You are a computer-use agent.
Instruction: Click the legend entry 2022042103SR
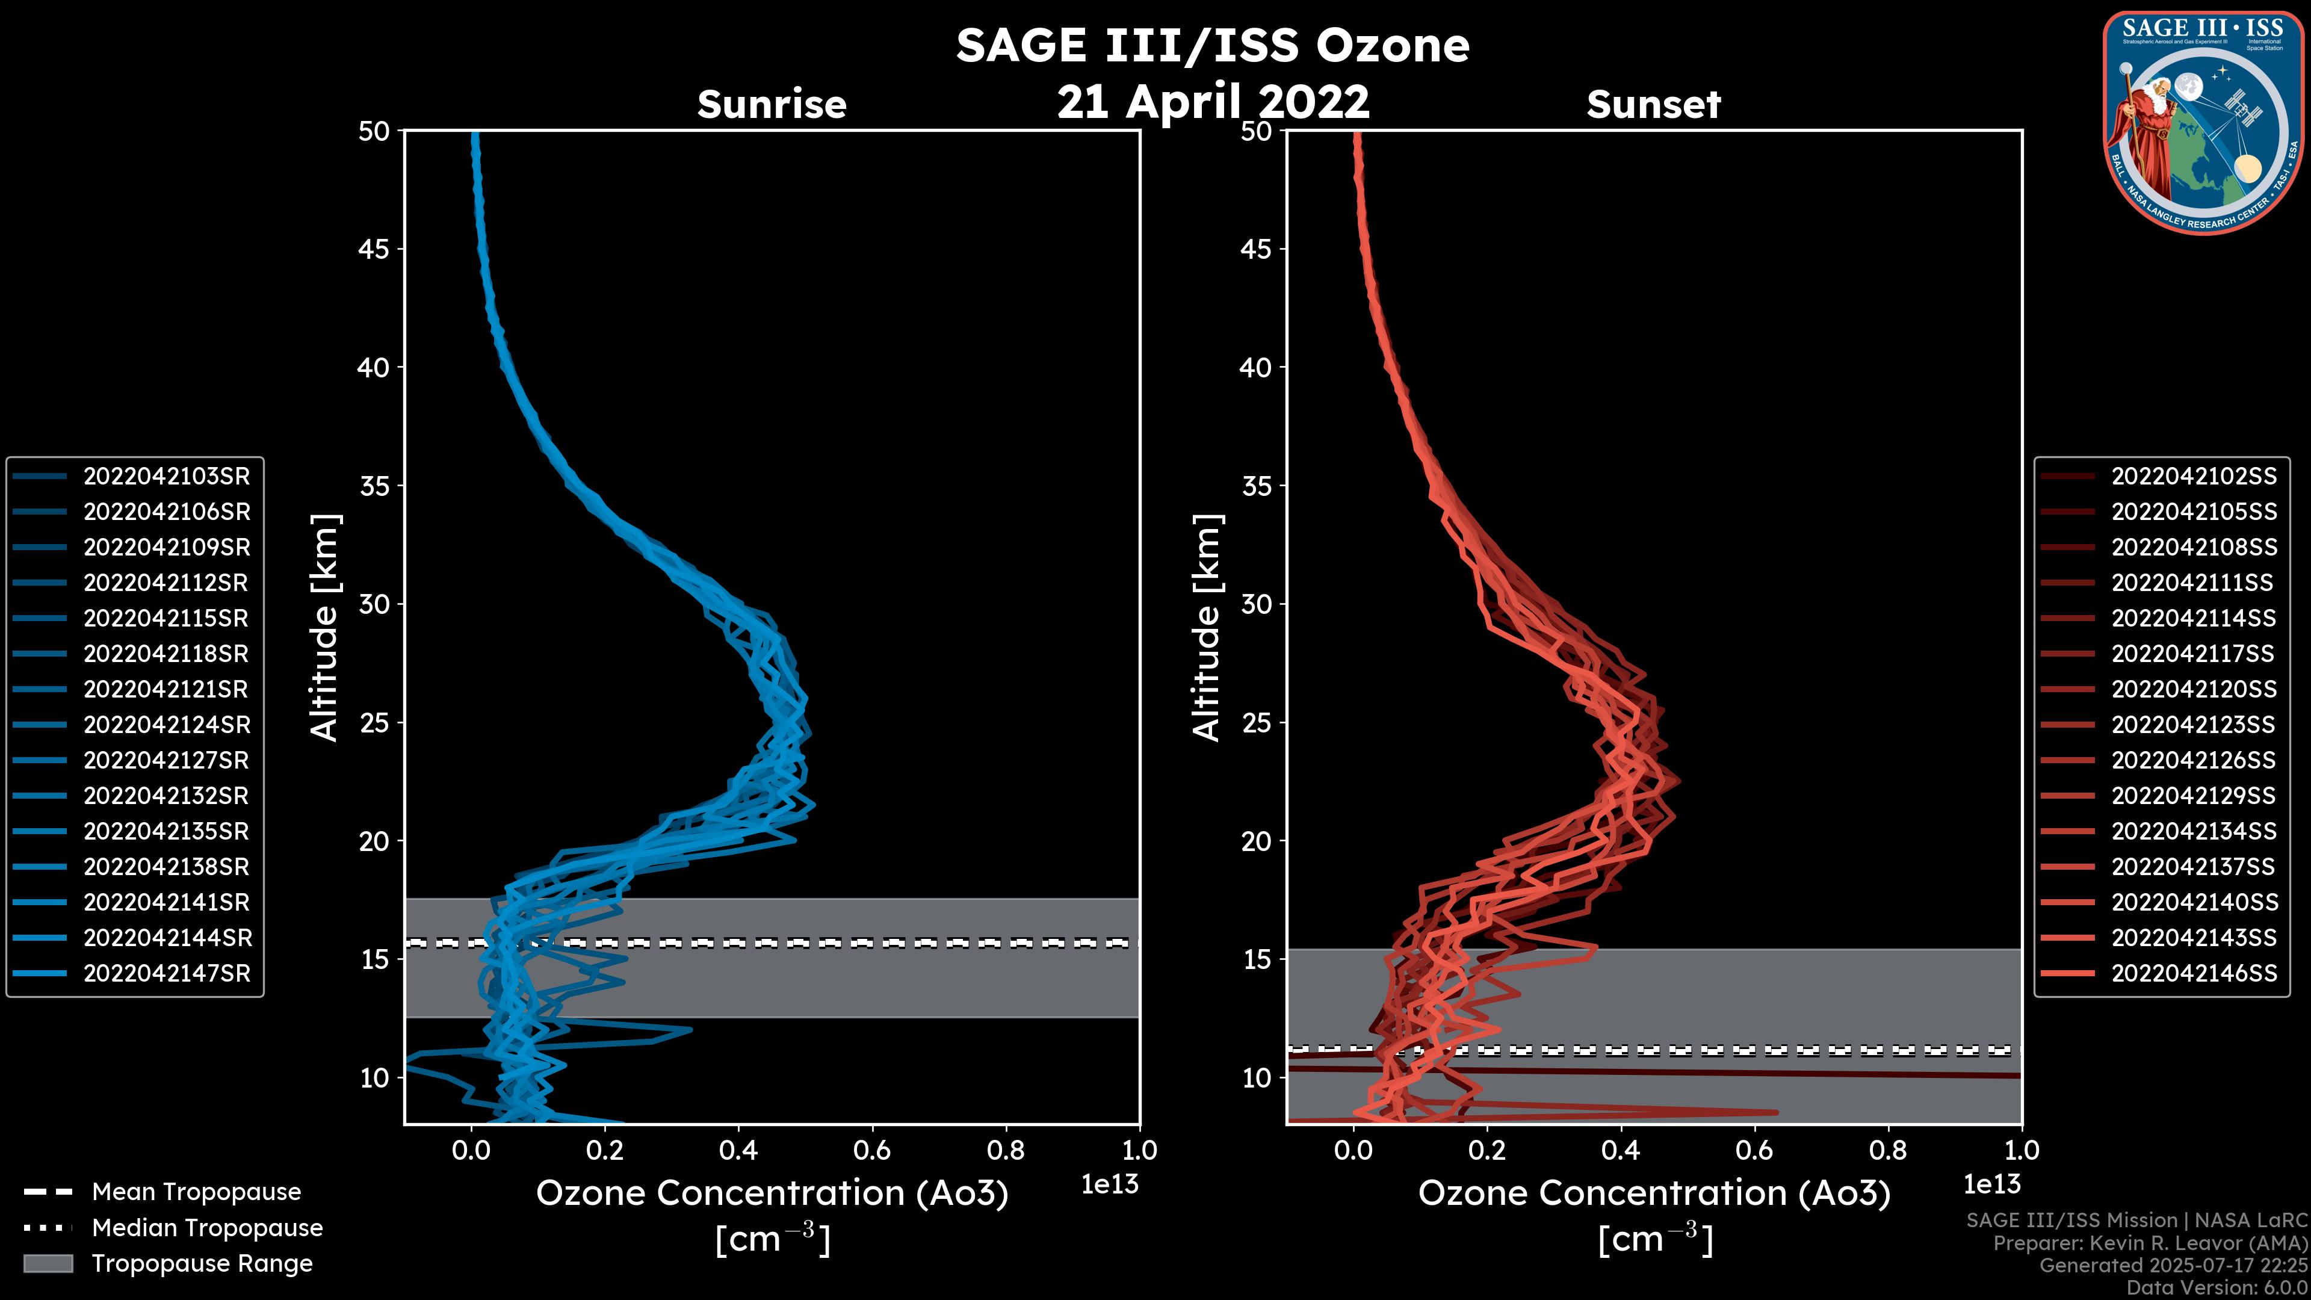[x=166, y=477]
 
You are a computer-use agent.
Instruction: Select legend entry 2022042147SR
[x=166, y=973]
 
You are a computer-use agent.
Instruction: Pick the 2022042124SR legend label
[x=166, y=725]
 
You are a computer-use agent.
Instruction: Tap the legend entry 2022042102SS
[x=2194, y=477]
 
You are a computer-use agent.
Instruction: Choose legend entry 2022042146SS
[x=2194, y=973]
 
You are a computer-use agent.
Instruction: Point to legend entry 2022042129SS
[x=2194, y=796]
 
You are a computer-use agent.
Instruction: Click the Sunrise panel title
[x=772, y=105]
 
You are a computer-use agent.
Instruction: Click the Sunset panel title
[x=1653, y=105]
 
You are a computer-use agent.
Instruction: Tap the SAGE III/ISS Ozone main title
[x=1212, y=46]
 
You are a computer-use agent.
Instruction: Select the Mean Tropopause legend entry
[x=196, y=1192]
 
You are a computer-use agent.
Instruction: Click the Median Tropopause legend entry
[x=206, y=1228]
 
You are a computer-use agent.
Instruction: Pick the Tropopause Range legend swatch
[x=48, y=1263]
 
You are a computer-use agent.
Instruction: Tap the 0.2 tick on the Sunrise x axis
[x=605, y=1150]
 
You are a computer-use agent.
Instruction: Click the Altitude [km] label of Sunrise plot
[x=325, y=627]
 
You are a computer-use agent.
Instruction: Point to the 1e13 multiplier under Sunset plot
[x=1991, y=1185]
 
